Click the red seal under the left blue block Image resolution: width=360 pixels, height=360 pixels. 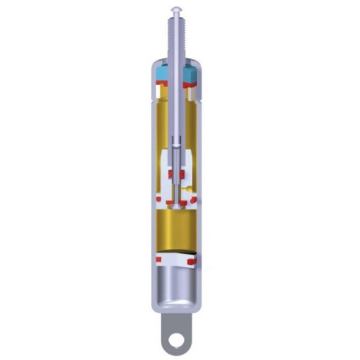coord(162,84)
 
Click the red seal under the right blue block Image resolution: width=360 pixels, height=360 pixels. coord(193,84)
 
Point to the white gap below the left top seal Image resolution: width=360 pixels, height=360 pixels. coord(161,95)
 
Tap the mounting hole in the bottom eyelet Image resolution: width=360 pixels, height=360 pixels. coord(176,341)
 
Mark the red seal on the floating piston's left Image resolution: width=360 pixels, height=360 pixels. coord(159,260)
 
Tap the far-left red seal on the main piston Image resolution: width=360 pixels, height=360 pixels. coord(159,198)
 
